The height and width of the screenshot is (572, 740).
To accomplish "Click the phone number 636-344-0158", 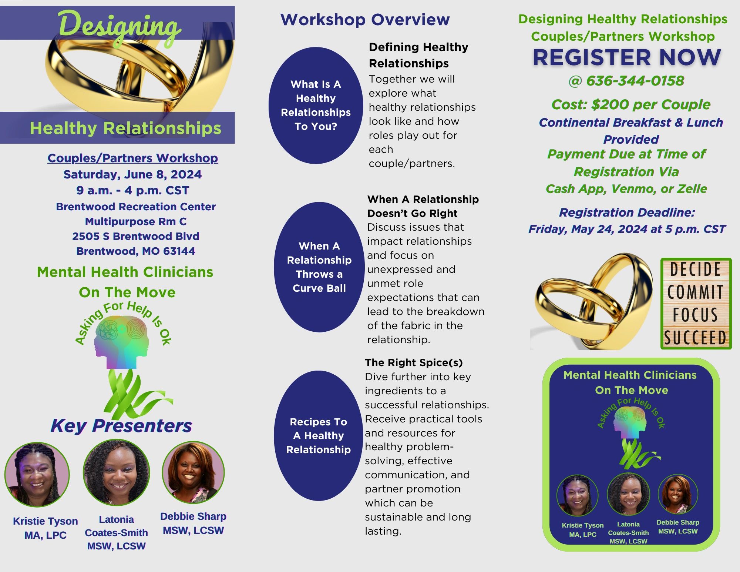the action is (x=635, y=81).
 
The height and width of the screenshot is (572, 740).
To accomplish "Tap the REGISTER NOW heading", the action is (x=627, y=57).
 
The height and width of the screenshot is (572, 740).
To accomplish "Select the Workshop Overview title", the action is (x=365, y=20).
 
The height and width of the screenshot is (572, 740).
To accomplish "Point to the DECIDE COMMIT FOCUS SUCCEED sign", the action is (x=696, y=304).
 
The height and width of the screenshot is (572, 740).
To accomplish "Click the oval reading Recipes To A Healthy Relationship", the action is (x=318, y=435).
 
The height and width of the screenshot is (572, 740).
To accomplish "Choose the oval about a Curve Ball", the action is (x=319, y=267).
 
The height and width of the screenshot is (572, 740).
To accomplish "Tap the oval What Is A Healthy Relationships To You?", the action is (x=316, y=106).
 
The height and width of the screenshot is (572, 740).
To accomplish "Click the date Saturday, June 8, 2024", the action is (x=132, y=174).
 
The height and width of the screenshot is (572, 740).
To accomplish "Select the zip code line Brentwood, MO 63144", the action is (x=136, y=251).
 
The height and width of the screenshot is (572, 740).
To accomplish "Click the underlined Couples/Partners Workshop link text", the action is (x=132, y=158).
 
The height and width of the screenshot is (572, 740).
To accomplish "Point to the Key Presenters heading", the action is (x=121, y=426).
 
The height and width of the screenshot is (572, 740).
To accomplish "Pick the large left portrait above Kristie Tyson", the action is (x=37, y=475).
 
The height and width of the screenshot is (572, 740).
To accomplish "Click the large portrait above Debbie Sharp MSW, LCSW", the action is (x=193, y=472).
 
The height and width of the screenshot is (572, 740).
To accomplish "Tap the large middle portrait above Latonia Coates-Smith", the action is (x=116, y=472).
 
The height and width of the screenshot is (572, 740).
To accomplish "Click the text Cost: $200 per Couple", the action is (x=631, y=105).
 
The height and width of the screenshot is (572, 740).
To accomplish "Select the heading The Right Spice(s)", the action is (x=414, y=362).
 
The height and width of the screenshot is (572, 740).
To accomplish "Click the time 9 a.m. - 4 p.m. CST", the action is (x=132, y=190).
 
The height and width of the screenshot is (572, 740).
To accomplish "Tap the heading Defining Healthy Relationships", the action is (x=418, y=55).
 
